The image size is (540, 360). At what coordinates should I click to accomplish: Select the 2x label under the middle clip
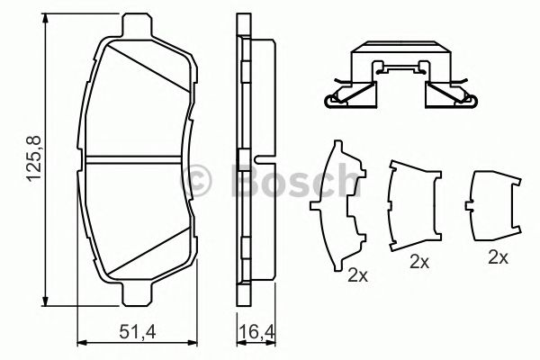point(418,261)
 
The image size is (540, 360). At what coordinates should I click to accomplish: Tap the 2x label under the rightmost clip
point(498,256)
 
